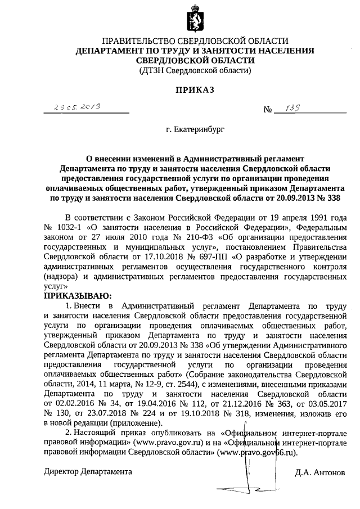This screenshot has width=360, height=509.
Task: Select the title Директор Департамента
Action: pos(88,471)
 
